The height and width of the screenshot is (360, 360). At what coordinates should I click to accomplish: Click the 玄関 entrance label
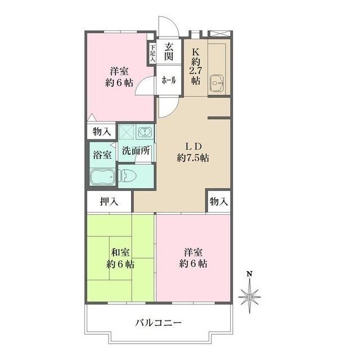[x=169, y=52]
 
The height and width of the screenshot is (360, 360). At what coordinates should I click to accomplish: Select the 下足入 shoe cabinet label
[x=152, y=53]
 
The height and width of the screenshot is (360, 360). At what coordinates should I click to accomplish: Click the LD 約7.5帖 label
[x=192, y=152]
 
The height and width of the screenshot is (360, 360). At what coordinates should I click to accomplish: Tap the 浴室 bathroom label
[x=102, y=154]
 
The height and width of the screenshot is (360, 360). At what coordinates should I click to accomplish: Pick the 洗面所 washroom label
[x=136, y=151]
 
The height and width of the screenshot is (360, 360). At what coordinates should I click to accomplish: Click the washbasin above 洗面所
[x=145, y=133]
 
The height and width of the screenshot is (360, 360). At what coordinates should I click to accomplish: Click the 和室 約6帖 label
[x=120, y=258]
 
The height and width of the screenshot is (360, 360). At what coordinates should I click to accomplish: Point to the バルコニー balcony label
[x=158, y=323]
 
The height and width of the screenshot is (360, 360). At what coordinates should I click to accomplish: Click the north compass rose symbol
[x=250, y=294]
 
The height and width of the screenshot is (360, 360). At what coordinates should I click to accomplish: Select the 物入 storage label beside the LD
[x=219, y=201]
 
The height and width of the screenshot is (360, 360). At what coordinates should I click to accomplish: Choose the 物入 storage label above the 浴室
[x=102, y=132]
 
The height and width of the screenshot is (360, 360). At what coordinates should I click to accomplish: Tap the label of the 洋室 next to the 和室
[x=193, y=257]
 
